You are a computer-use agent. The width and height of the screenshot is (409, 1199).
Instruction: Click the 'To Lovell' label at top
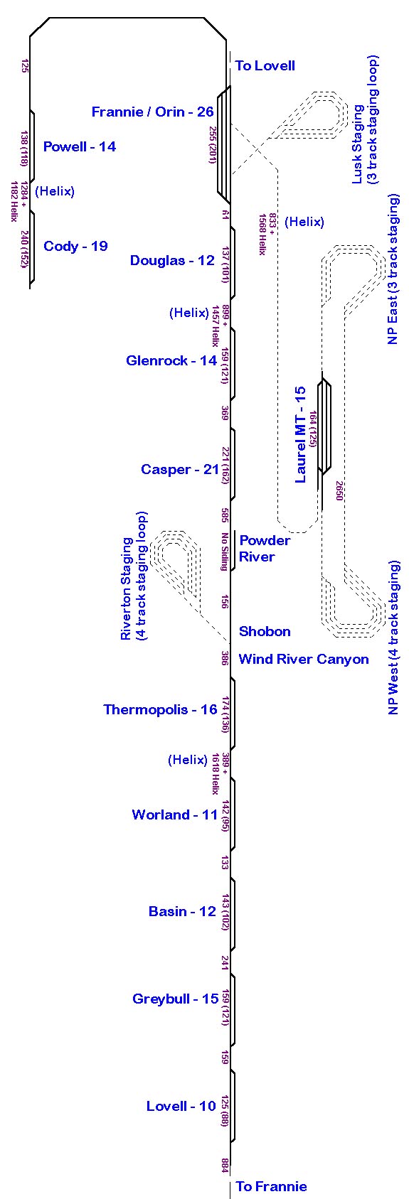click(x=265, y=66)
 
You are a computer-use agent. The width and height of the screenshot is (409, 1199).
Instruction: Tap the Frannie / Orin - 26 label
click(x=153, y=112)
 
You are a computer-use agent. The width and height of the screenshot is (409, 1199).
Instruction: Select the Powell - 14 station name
click(x=80, y=146)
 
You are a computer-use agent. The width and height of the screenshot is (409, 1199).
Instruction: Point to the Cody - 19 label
click(x=75, y=246)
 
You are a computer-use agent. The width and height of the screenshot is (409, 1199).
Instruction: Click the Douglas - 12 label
click(x=172, y=261)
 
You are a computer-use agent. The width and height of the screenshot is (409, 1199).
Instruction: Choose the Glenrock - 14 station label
click(x=171, y=361)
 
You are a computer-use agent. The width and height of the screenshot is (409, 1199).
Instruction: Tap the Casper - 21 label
click(x=180, y=469)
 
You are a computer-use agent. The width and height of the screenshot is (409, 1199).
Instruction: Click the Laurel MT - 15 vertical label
click(x=300, y=435)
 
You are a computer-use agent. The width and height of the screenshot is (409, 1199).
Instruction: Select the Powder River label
click(x=265, y=549)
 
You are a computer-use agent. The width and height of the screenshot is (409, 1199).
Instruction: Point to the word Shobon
click(x=265, y=632)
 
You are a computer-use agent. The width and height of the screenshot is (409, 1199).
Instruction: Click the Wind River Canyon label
click(x=304, y=660)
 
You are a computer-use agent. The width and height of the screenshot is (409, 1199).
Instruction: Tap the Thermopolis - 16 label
click(x=160, y=710)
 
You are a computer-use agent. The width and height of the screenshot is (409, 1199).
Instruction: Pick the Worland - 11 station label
click(x=175, y=814)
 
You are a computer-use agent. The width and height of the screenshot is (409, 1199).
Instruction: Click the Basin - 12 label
click(x=182, y=912)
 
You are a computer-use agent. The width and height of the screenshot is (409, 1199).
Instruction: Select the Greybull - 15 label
click(x=175, y=999)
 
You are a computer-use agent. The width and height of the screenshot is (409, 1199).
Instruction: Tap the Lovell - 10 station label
click(x=181, y=1107)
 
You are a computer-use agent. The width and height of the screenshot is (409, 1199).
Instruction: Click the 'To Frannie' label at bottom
click(x=271, y=1187)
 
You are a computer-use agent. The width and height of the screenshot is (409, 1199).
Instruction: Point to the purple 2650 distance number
click(x=339, y=490)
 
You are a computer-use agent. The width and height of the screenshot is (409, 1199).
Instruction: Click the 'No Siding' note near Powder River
click(x=225, y=552)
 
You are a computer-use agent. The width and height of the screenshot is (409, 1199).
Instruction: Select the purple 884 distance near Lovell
click(x=225, y=1166)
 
